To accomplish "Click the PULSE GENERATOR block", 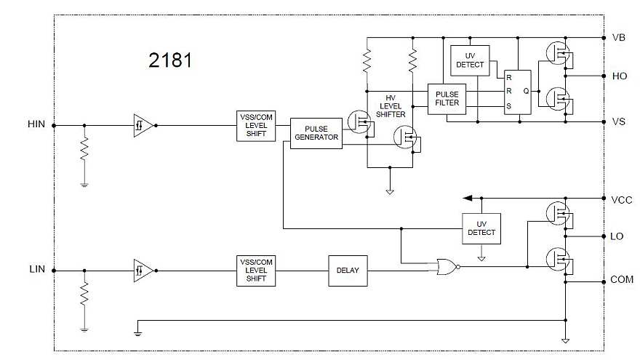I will (316, 133).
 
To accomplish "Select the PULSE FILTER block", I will (447, 98).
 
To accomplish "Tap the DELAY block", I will (348, 271).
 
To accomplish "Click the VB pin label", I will (619, 37).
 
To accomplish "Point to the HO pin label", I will (620, 76).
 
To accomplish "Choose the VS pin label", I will (619, 121).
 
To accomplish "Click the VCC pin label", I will (622, 199).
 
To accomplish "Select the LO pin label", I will (617, 236).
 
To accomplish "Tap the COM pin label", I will (621, 280).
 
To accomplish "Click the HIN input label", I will (36, 124).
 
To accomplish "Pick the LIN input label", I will (36, 269).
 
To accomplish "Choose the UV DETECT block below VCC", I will (481, 228).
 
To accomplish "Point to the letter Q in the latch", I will (526, 91).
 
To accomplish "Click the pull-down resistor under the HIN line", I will (84, 151).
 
